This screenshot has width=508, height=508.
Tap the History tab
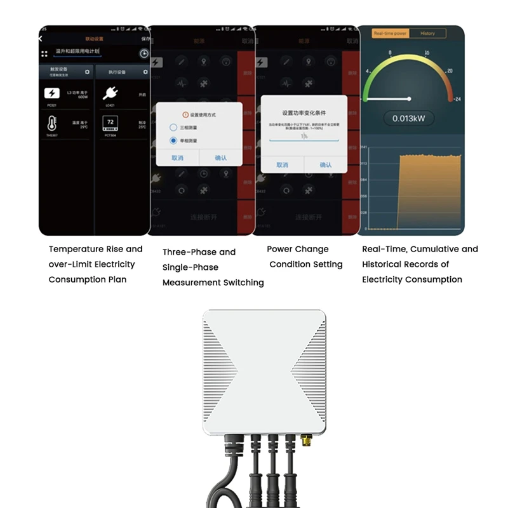427,33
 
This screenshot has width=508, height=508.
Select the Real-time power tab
390,33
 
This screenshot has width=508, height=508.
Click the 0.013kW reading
409,118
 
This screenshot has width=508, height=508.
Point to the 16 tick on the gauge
426,53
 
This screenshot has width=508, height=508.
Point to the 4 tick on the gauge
368,71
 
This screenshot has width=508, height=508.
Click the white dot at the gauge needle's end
410,98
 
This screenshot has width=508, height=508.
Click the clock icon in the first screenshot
144,54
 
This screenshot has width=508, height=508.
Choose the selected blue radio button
173,140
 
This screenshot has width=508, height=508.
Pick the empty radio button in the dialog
173,127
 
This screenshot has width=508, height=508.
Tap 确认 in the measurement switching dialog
220,157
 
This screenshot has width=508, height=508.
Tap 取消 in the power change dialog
282,164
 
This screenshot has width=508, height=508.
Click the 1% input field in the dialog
304,136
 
